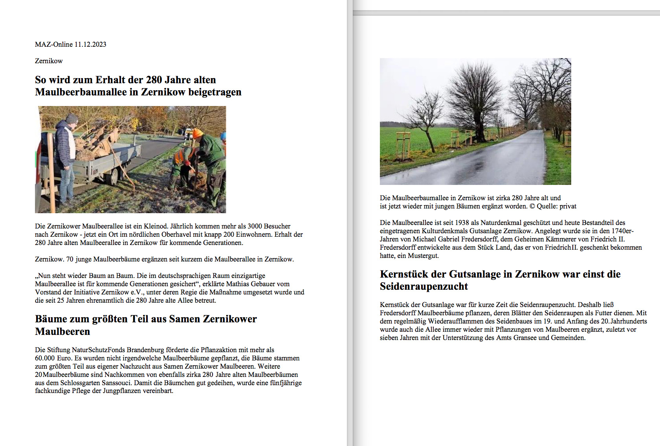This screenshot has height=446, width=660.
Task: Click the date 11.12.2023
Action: (90, 44)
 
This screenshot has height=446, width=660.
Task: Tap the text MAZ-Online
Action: (54, 44)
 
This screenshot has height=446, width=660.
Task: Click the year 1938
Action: (462, 223)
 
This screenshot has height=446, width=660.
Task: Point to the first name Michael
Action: (425, 239)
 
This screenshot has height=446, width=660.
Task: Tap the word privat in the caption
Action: (568, 206)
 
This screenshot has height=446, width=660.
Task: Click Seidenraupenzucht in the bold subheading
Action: (424, 287)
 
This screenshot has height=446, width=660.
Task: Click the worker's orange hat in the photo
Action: (198, 133)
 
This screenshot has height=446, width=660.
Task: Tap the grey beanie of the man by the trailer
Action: (72, 118)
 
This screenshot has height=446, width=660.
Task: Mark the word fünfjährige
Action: (286, 383)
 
